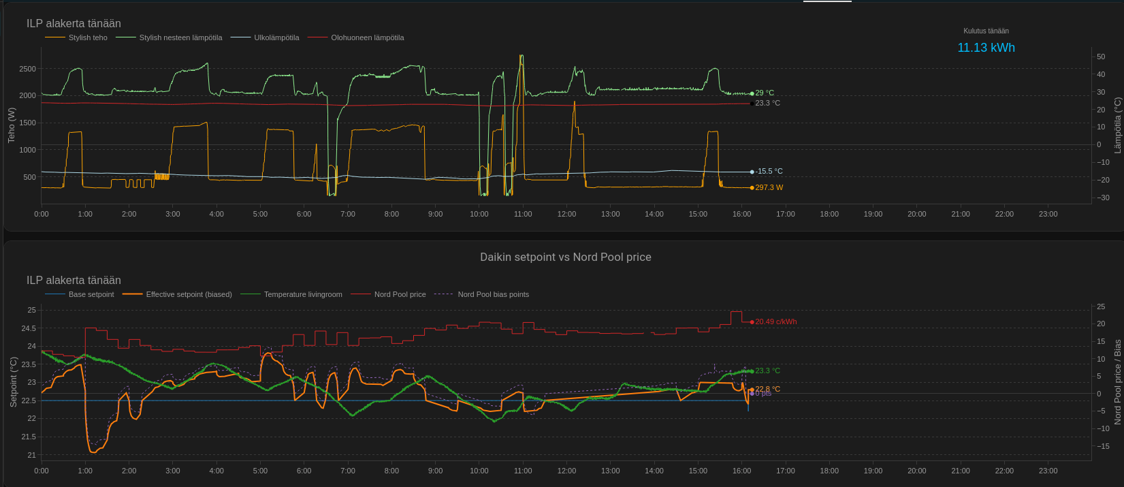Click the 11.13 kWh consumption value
coord(986,48)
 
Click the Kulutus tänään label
coord(986,31)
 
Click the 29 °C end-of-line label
coord(765,93)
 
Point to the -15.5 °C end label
coord(769,172)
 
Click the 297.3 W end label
coord(769,187)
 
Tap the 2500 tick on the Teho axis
coord(28,69)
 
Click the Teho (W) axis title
coord(11,125)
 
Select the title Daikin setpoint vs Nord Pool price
coord(566,257)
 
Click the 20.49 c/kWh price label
coord(775,321)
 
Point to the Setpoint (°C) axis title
coord(13,381)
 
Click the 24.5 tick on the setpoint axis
coord(29,328)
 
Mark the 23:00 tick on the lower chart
coord(1048,471)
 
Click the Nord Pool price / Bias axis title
coord(1117,381)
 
